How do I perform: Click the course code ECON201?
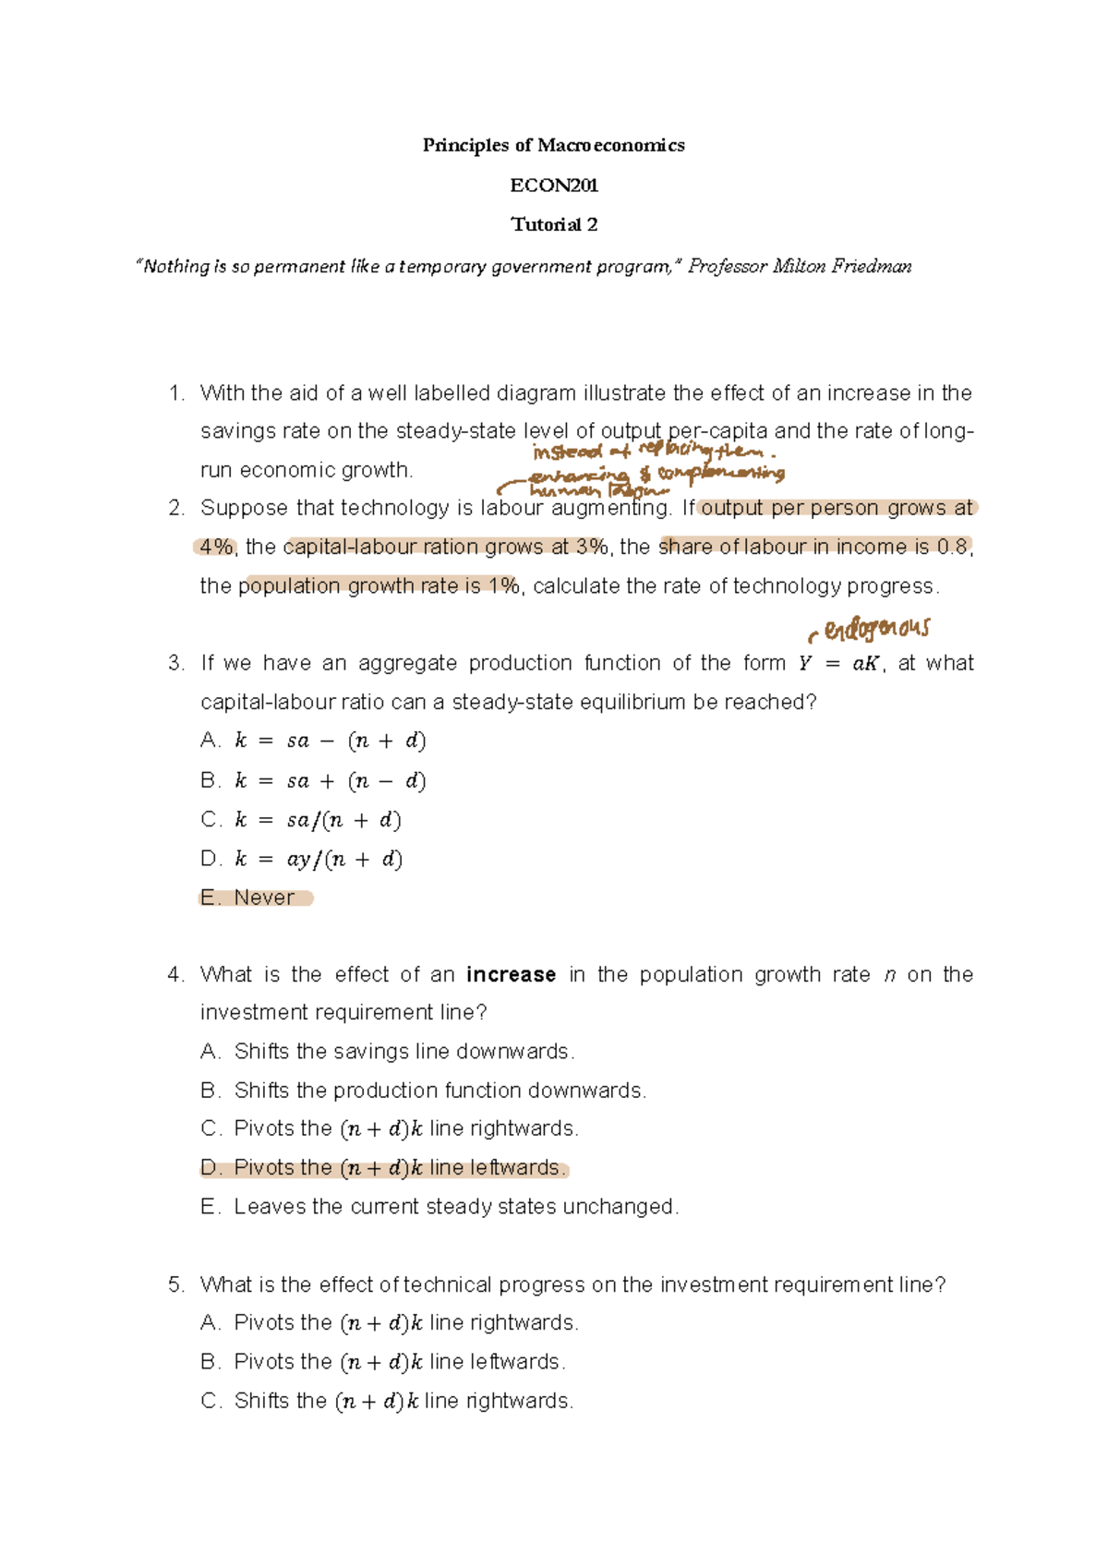click(554, 186)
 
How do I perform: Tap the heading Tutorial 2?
click(554, 224)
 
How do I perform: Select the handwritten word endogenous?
click(876, 630)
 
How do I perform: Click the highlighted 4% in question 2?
click(216, 547)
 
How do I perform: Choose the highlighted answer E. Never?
click(257, 898)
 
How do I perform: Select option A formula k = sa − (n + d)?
click(330, 741)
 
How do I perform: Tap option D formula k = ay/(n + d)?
click(318, 860)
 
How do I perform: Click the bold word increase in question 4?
click(511, 975)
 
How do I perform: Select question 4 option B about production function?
click(440, 1091)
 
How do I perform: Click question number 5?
click(176, 1284)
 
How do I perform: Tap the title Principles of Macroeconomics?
click(554, 145)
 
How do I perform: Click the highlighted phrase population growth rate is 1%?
click(379, 586)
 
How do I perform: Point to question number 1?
click(176, 393)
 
